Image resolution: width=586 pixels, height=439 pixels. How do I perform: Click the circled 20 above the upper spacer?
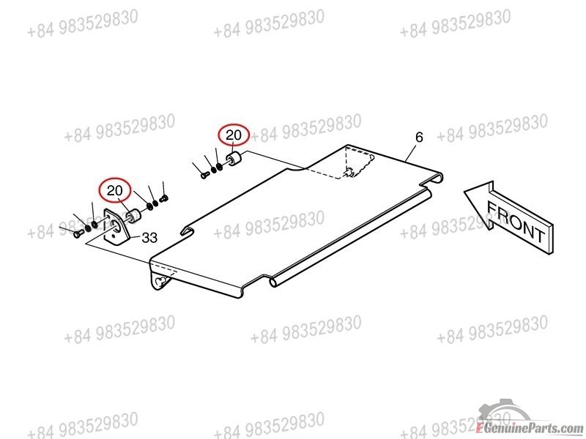tap(234, 135)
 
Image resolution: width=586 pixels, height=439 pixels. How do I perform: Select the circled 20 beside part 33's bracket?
tap(115, 191)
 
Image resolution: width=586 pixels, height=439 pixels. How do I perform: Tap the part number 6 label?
tap(419, 138)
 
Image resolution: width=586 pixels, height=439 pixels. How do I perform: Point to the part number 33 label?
tap(149, 238)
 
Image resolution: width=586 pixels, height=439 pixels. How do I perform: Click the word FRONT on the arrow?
tap(516, 222)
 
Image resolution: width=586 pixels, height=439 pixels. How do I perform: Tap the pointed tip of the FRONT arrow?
tap(464, 192)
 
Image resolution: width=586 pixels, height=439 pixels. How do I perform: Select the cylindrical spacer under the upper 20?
tap(234, 160)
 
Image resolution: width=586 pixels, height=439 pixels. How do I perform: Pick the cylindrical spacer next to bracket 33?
tap(133, 217)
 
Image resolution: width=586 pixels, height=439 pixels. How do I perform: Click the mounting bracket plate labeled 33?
tap(116, 226)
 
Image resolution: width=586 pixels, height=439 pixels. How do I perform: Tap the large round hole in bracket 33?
tap(115, 225)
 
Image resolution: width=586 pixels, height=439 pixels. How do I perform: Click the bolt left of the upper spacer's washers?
tap(204, 174)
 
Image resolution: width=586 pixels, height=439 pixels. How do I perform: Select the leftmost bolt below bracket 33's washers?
tap(78, 233)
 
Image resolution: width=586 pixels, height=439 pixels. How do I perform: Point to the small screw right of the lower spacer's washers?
tap(164, 198)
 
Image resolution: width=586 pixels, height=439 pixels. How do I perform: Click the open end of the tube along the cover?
tap(273, 282)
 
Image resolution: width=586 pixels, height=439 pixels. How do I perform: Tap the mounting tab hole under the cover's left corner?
tap(160, 282)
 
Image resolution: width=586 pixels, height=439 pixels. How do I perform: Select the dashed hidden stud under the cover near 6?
tap(350, 173)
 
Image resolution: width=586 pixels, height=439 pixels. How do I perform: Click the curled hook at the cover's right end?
tap(435, 178)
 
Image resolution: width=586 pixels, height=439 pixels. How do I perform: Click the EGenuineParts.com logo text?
tap(529, 428)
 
